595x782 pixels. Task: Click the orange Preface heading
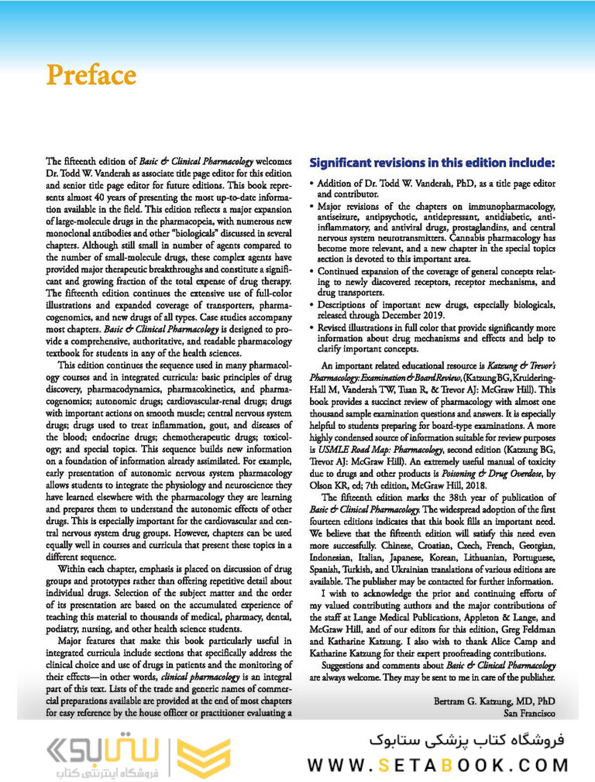pos(91,75)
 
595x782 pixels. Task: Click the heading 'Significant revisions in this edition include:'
pos(432,163)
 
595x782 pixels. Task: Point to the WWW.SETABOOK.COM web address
pos(438,766)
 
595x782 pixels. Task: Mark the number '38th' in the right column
pos(438,497)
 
